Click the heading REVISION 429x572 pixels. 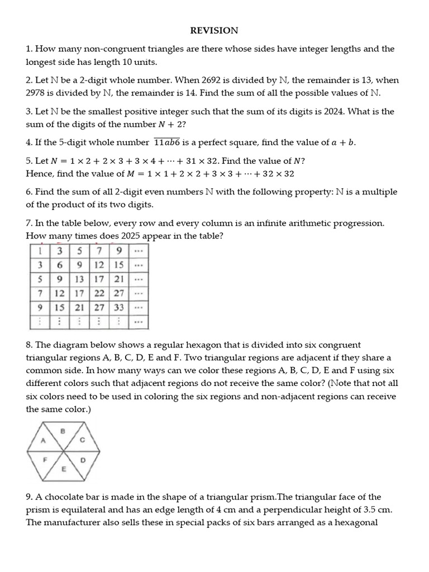[x=214, y=30]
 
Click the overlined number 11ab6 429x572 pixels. [x=167, y=142]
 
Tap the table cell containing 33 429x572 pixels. [x=118, y=307]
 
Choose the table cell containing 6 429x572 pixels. [x=59, y=264]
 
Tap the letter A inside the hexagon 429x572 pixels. [x=42, y=440]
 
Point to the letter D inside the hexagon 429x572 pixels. [x=83, y=461]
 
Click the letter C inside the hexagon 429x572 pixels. [x=83, y=440]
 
